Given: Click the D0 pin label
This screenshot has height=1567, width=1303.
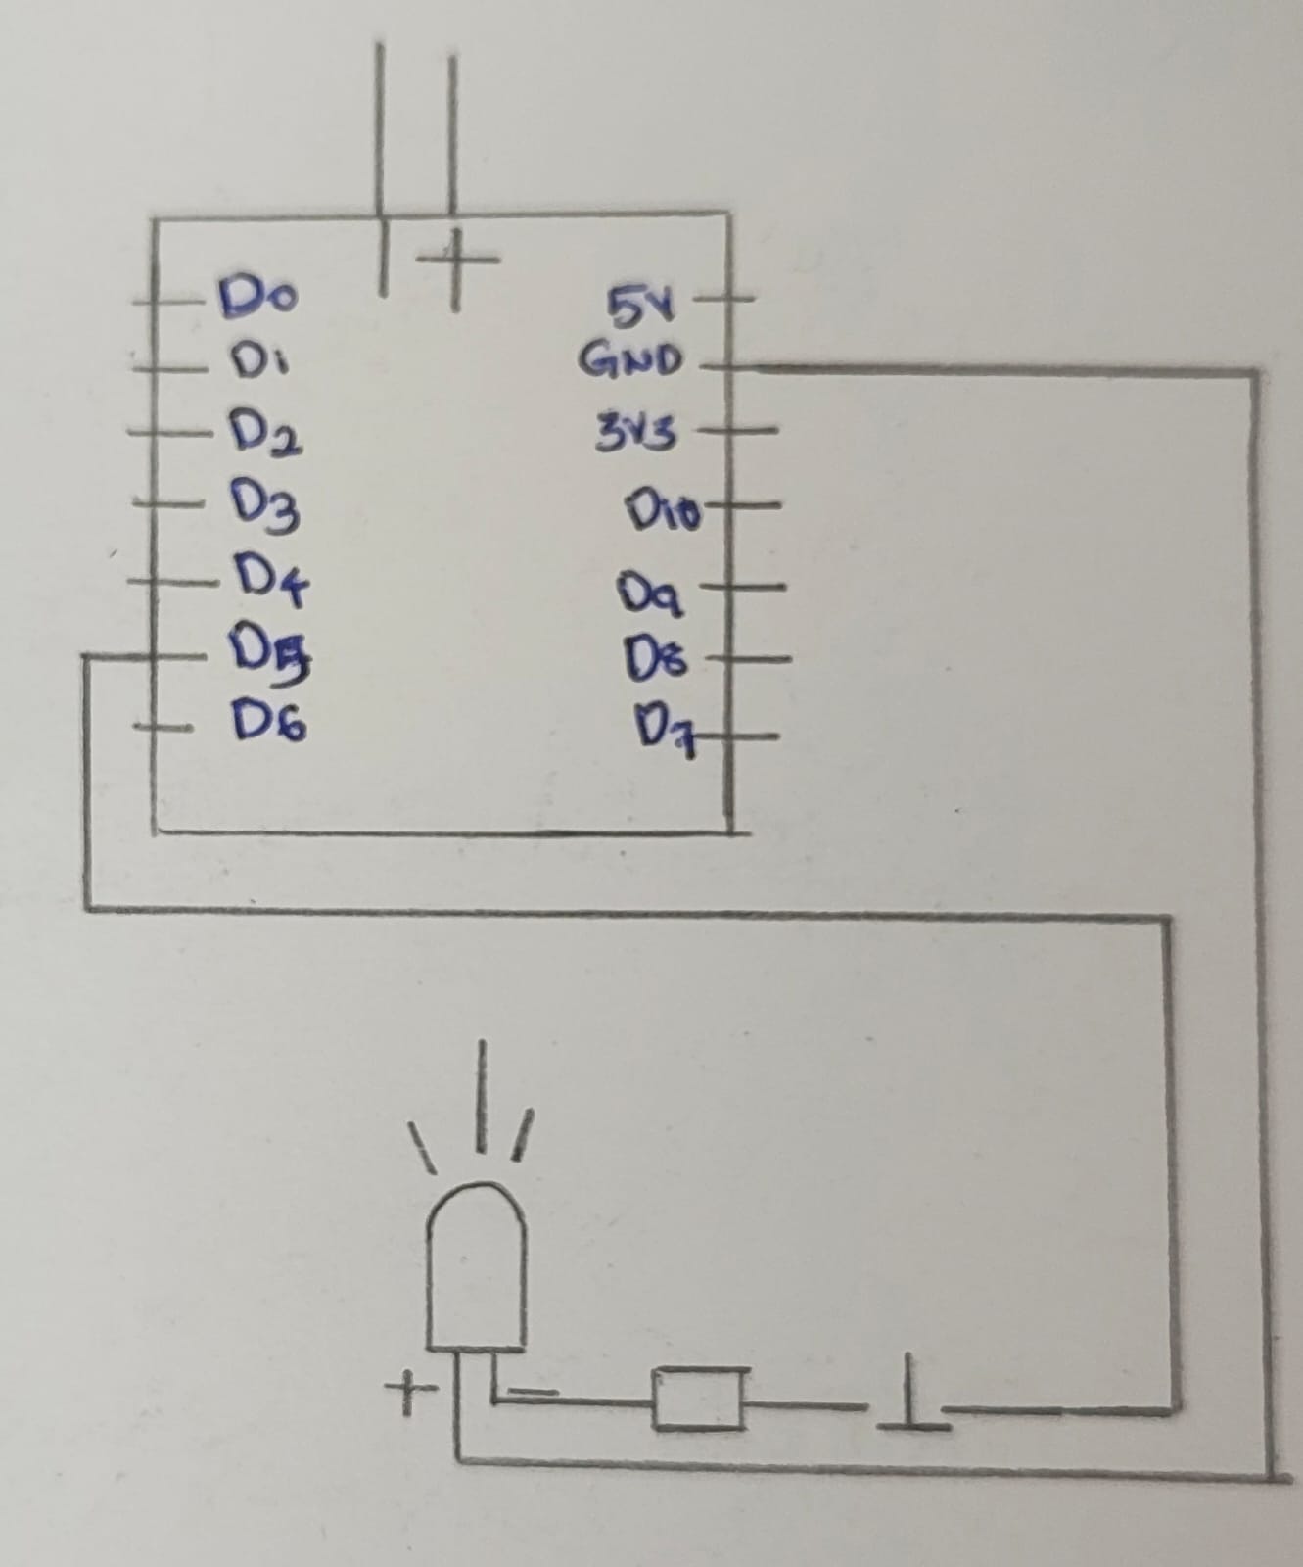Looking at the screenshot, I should tap(259, 294).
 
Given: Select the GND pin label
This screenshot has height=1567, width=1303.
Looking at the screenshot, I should tap(629, 361).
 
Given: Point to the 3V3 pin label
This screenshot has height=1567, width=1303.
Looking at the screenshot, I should tap(636, 431).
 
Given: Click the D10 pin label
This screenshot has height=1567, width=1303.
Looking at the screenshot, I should tap(666, 510).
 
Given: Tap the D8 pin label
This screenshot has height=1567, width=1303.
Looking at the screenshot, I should tap(661, 658).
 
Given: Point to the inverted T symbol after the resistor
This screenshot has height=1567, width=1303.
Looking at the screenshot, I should tap(910, 1394).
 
